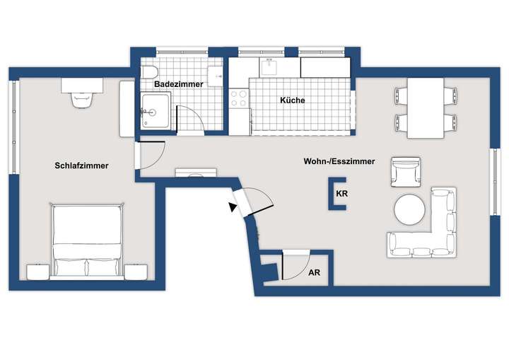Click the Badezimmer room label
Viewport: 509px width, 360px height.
pos(179,83)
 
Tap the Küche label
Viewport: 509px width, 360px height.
pos(293,100)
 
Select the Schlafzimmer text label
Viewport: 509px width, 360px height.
pos(81,166)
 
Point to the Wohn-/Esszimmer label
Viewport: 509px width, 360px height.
pos(340,161)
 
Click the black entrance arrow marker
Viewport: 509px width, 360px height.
pos(233,207)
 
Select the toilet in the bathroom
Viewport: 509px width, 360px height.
pos(150,71)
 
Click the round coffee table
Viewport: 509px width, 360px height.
pos(409,209)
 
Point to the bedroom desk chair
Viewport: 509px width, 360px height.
pos(82,99)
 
